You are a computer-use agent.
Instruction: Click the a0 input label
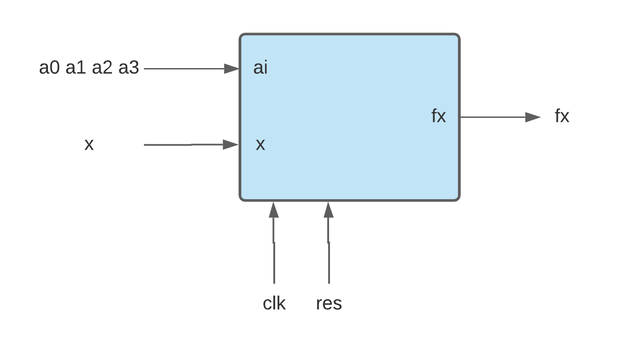(x=49, y=68)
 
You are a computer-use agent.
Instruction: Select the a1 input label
(x=76, y=68)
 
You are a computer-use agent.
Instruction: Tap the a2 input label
(x=102, y=68)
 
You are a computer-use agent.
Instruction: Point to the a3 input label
(x=129, y=68)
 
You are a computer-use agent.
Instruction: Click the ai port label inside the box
(x=261, y=68)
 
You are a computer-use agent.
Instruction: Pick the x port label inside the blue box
(x=261, y=144)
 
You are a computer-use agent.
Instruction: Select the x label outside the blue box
(x=89, y=144)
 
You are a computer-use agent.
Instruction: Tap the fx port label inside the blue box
(x=438, y=116)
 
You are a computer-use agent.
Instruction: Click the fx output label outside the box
(x=562, y=116)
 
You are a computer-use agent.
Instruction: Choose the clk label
(x=274, y=303)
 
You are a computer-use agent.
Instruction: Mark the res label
(x=329, y=303)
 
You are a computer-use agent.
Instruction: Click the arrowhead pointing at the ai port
(x=232, y=69)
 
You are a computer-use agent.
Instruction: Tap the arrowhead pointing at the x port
(x=231, y=145)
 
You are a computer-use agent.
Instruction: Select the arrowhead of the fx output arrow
(x=532, y=117)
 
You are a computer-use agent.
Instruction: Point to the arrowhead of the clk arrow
(x=274, y=210)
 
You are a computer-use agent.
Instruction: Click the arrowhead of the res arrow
(x=329, y=210)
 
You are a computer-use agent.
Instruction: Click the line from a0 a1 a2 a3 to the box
(x=183, y=69)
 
